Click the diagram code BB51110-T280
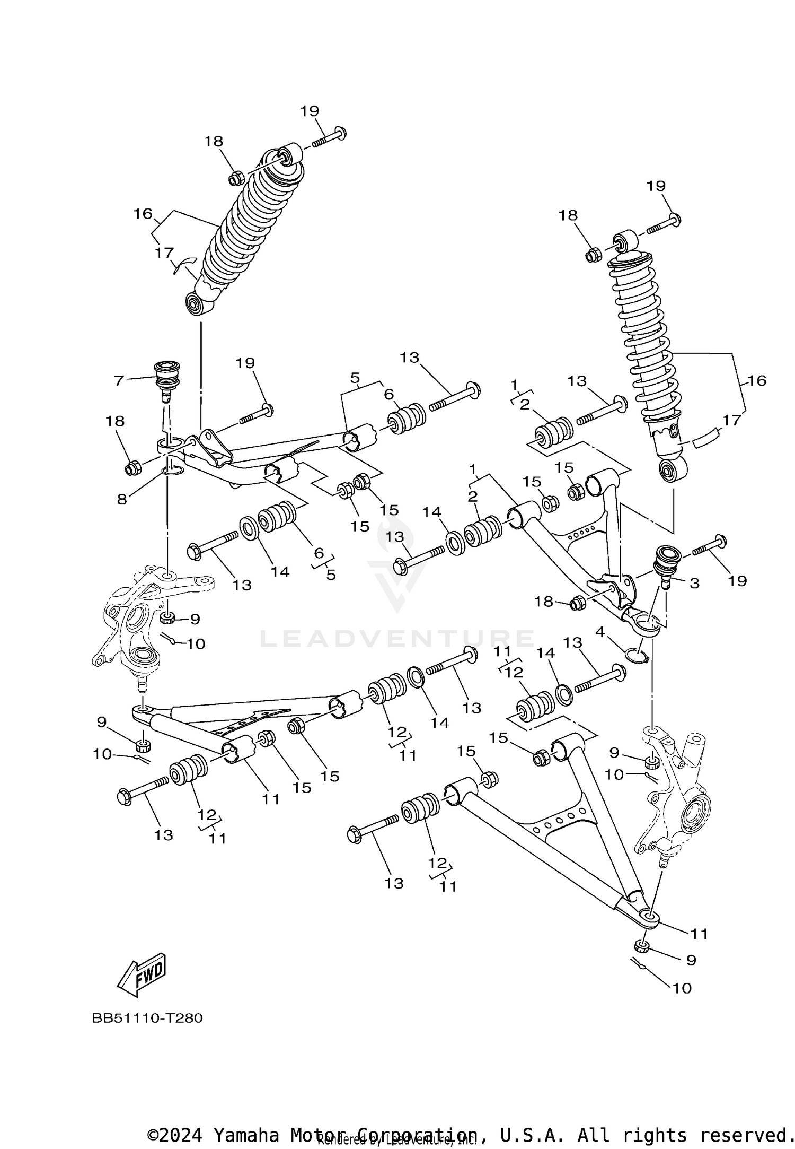point(147,1033)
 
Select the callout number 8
point(122,499)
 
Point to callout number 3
point(694,584)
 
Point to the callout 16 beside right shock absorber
point(757,380)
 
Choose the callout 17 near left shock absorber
point(164,253)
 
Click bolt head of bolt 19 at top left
point(341,132)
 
